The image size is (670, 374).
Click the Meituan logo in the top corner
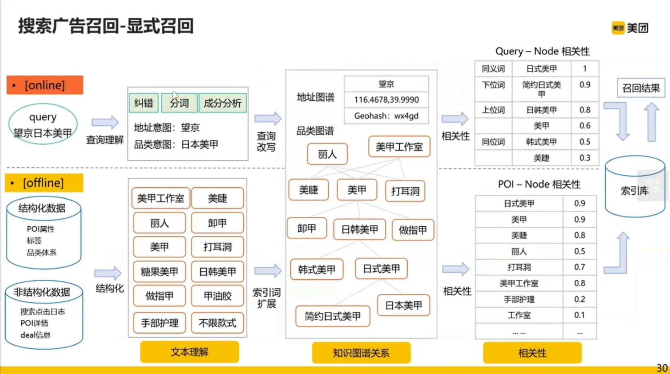(630, 28)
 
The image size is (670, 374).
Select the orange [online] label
(45, 85)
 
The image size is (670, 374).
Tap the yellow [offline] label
(44, 183)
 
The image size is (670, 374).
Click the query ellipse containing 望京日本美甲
(43, 125)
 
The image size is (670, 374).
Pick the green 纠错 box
(144, 103)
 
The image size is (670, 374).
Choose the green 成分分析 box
(222, 103)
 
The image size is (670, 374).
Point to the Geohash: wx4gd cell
(386, 116)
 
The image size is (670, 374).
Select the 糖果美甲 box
(159, 272)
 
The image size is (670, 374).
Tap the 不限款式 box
(217, 323)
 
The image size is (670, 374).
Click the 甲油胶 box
(217, 296)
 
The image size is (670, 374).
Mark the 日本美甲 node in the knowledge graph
(403, 305)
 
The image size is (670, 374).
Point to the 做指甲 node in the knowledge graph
(413, 230)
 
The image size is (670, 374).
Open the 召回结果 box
(640, 88)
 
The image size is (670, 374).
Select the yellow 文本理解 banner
(189, 352)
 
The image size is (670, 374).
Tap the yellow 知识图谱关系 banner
(361, 353)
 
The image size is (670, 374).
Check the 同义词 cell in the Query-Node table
(493, 69)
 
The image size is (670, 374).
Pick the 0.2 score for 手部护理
(579, 299)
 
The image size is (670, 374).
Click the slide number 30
(662, 368)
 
